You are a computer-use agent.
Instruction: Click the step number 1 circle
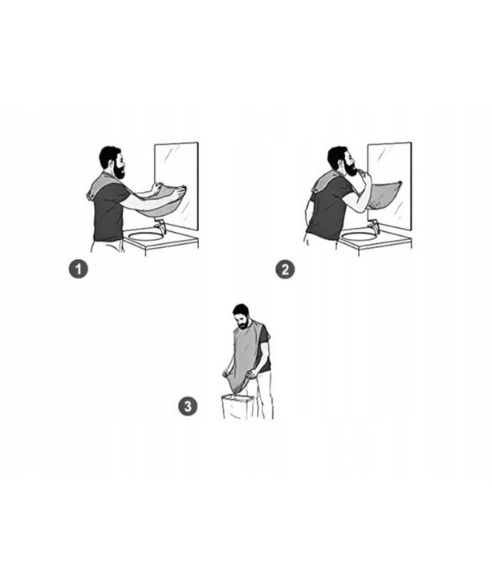(78, 270)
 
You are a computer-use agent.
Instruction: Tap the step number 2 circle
(285, 270)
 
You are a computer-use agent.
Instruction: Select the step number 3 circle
(187, 406)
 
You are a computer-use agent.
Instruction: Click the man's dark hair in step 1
(110, 154)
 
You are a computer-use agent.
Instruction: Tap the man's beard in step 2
(351, 169)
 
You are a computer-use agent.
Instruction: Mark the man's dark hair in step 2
(336, 154)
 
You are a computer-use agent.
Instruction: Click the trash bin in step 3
(238, 408)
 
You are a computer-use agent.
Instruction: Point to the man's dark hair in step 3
(240, 309)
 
